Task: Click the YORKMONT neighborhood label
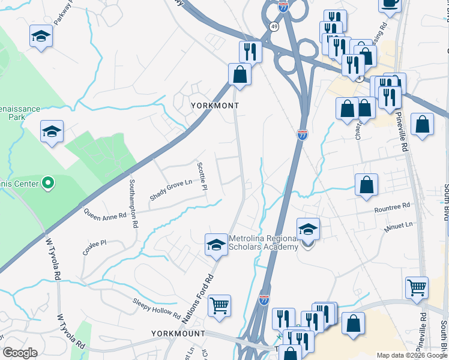pyautogui.click(x=214, y=106)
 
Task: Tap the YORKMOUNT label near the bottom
pyautogui.click(x=178, y=333)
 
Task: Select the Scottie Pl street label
pyautogui.click(x=203, y=177)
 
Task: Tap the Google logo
pyautogui.click(x=20, y=352)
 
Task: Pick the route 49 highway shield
pyautogui.click(x=274, y=26)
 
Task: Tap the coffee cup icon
pyautogui.click(x=390, y=3)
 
